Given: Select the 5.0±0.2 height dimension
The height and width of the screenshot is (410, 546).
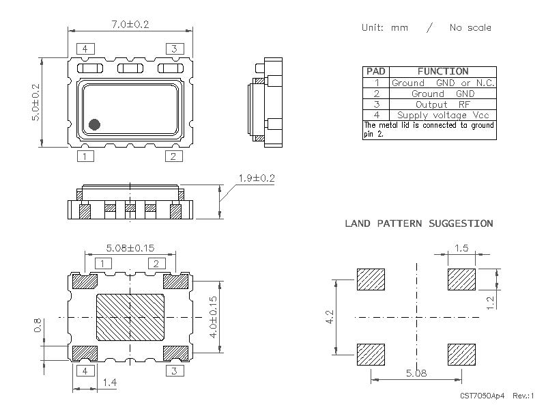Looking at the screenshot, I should click(36, 102).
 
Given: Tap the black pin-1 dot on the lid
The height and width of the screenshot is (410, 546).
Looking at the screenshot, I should click(95, 124).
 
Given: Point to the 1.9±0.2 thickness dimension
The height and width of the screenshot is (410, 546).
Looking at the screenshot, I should click(256, 178).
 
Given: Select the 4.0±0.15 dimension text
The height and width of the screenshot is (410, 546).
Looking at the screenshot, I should click(213, 317).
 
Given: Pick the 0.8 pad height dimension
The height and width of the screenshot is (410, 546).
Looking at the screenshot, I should click(35, 326).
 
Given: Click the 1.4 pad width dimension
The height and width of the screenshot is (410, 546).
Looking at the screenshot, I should click(109, 383).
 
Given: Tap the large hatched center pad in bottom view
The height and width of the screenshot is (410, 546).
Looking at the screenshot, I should click(130, 318).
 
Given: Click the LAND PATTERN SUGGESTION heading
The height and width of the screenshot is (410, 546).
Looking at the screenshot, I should click(418, 223).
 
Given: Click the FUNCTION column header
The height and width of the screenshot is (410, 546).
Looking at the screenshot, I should click(442, 71).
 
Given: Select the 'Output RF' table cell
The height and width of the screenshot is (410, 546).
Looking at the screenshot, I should click(442, 105).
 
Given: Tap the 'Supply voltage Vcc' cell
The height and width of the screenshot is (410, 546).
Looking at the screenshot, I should click(442, 115).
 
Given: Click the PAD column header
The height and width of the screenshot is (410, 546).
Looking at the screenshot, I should click(375, 71).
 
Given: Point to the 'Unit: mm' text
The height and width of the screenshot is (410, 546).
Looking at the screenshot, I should click(385, 28).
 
